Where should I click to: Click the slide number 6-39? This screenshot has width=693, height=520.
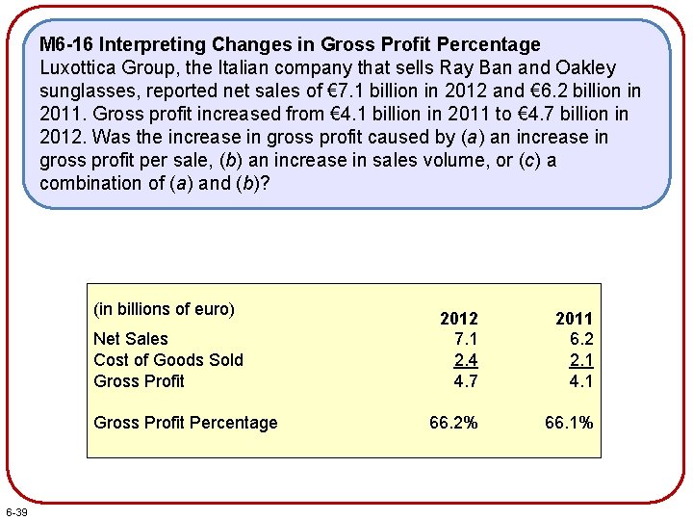click(x=16, y=510)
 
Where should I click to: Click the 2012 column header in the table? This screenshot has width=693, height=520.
click(x=458, y=319)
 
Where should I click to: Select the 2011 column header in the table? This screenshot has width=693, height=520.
click(x=574, y=319)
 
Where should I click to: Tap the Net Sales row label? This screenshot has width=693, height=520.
click(x=130, y=339)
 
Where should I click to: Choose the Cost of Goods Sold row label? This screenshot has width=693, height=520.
click(x=167, y=360)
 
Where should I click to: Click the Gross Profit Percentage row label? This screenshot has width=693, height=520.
click(x=185, y=423)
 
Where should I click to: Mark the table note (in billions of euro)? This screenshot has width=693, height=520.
click(x=164, y=309)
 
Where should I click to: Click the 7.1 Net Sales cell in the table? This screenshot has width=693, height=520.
click(x=466, y=339)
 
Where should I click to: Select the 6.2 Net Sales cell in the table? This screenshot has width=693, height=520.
click(x=581, y=339)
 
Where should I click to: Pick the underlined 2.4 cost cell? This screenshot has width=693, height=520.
click(x=466, y=360)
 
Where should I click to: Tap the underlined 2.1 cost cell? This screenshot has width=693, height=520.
click(x=581, y=360)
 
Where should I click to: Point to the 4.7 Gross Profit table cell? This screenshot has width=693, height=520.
click(x=466, y=381)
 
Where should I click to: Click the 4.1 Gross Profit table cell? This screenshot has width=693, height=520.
click(x=581, y=381)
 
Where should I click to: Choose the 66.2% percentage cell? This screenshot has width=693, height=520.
click(x=452, y=423)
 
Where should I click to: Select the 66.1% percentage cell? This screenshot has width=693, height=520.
click(x=569, y=423)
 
